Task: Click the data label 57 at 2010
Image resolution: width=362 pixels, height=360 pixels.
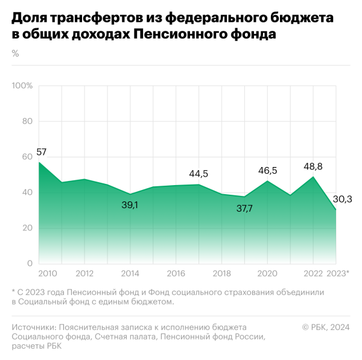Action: click(x=41, y=152)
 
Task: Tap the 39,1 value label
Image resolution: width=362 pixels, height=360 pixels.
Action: click(x=130, y=205)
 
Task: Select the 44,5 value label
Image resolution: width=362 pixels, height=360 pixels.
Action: click(x=198, y=174)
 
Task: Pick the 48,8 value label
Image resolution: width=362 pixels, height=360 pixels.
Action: click(x=314, y=165)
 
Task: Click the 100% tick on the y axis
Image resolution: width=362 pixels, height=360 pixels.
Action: click(x=22, y=86)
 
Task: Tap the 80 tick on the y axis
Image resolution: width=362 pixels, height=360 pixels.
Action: click(x=27, y=121)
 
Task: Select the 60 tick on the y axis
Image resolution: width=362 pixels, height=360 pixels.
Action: click(x=27, y=157)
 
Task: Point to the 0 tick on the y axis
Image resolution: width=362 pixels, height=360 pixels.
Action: click(x=29, y=264)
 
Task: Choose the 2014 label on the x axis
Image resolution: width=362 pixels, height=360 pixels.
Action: click(x=130, y=273)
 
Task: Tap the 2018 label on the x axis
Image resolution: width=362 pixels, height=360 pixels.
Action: click(x=221, y=273)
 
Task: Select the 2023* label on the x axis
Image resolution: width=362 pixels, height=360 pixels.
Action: click(x=338, y=273)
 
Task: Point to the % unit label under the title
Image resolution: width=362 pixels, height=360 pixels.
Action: click(x=15, y=54)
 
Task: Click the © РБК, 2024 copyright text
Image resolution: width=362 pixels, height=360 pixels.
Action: click(x=326, y=327)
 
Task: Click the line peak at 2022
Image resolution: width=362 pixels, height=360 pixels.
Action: click(x=313, y=177)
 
